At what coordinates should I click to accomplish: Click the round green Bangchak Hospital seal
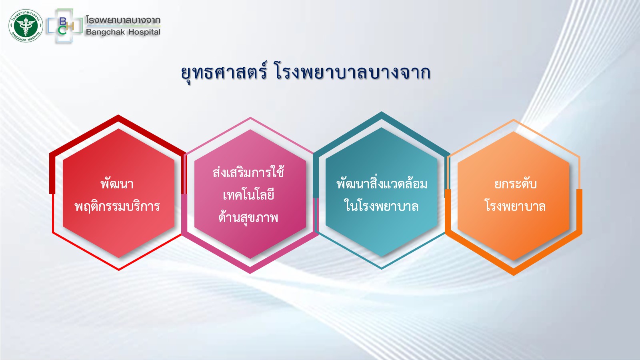pyautogui.click(x=26, y=26)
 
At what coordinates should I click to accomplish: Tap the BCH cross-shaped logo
pyautogui.click(x=65, y=26)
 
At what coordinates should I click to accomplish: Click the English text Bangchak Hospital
pyautogui.click(x=123, y=32)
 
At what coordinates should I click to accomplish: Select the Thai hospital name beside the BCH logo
pyautogui.click(x=123, y=20)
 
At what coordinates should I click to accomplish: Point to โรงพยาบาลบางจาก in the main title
pyautogui.click(x=352, y=72)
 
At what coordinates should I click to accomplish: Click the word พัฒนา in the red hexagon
pyautogui.click(x=117, y=184)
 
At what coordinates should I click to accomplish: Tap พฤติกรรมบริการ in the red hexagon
pyautogui.click(x=117, y=206)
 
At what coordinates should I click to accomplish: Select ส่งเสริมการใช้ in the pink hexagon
pyautogui.click(x=248, y=172)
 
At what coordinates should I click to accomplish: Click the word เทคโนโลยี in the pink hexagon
pyautogui.click(x=248, y=195)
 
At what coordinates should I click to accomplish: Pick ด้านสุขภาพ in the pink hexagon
pyautogui.click(x=248, y=218)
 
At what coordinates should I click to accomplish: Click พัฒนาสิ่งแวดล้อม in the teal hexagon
pyautogui.click(x=382, y=184)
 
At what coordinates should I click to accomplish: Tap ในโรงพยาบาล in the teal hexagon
pyautogui.click(x=382, y=206)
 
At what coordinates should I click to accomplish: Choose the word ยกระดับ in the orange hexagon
pyautogui.click(x=516, y=184)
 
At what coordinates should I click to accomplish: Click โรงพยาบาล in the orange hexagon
pyautogui.click(x=515, y=206)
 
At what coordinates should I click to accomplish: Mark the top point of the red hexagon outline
pyautogui.click(x=118, y=115)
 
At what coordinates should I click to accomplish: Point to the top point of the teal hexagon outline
pyautogui.click(x=382, y=112)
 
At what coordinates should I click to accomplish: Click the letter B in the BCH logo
pyautogui.click(x=63, y=21)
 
